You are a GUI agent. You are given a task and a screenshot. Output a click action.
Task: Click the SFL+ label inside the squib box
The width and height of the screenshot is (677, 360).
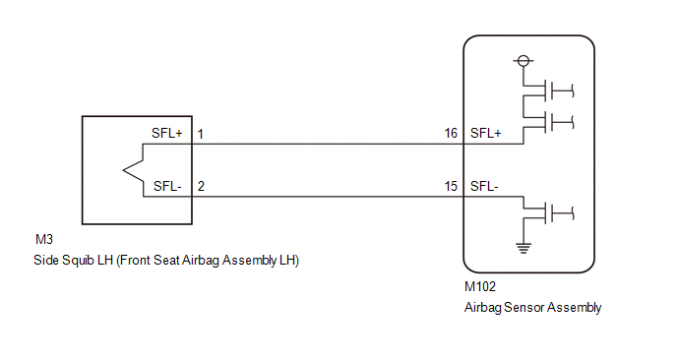point(167,133)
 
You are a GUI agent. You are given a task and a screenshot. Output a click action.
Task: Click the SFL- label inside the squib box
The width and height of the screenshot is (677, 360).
point(167,186)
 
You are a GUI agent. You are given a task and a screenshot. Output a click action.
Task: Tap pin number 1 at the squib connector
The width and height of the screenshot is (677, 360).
point(201,134)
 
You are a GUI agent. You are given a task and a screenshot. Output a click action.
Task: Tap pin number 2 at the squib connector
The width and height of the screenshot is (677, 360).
point(201,186)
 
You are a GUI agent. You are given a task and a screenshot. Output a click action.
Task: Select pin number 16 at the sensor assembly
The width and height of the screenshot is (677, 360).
point(451,133)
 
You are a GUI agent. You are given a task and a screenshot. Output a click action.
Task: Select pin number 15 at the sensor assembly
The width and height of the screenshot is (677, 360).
point(451,186)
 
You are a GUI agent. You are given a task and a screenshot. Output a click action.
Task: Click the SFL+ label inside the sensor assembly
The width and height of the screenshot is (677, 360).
point(486,133)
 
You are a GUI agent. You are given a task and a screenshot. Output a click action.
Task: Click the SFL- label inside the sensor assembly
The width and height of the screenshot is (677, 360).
point(484,186)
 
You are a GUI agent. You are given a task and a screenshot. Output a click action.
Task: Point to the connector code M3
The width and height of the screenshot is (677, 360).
point(44,239)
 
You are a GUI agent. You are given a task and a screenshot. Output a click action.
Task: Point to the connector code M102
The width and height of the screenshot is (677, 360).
point(480,286)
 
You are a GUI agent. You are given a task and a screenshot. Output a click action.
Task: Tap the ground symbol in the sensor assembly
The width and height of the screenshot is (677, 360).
point(523,248)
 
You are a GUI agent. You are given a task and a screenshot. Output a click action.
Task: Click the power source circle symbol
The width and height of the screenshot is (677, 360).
point(523,61)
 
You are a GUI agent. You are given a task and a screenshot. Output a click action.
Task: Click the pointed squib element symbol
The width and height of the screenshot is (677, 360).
point(133,170)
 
